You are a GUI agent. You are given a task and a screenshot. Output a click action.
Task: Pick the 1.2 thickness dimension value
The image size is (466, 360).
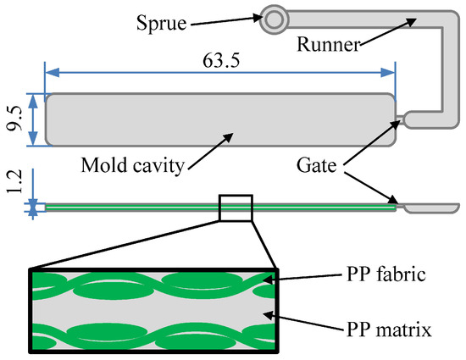tap(14, 180)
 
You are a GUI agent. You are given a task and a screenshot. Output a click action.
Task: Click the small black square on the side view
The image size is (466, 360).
tap(236, 208)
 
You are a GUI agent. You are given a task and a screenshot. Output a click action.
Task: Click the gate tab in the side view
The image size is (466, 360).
tap(432, 207)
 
